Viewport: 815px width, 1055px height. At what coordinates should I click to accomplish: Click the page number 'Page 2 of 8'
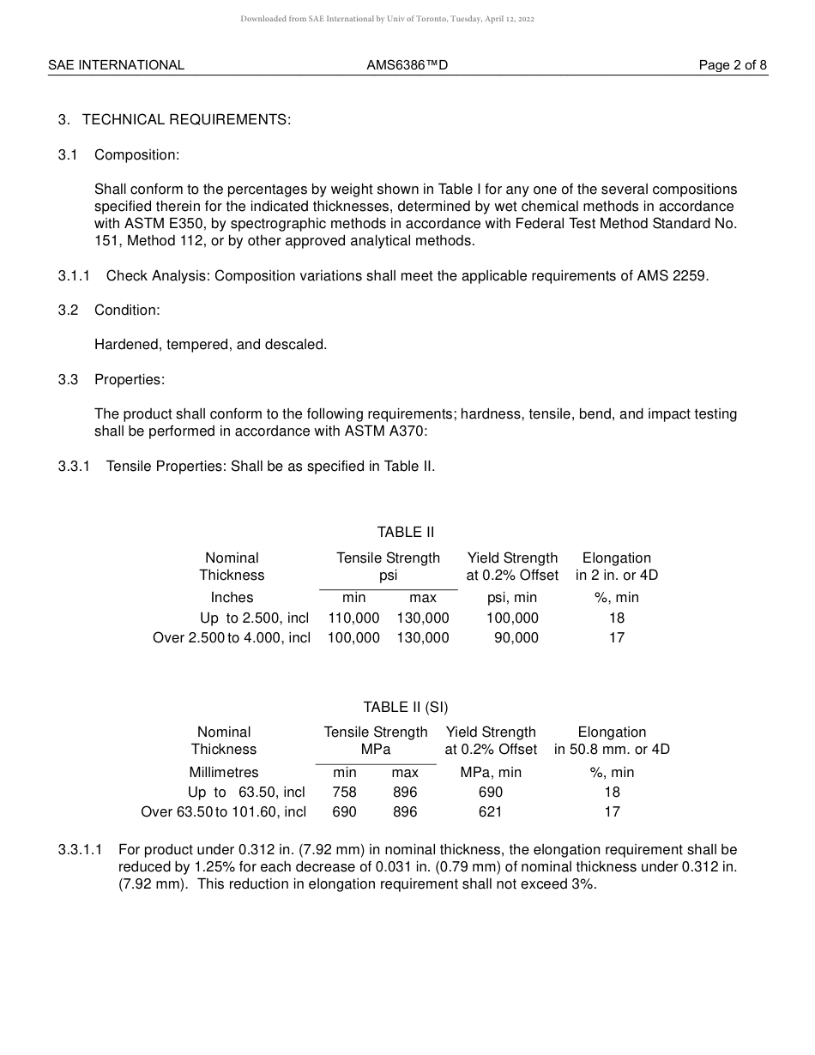click(x=733, y=65)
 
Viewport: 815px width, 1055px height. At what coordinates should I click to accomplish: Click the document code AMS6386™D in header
click(x=407, y=65)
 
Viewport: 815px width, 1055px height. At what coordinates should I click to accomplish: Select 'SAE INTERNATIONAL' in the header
click(x=116, y=65)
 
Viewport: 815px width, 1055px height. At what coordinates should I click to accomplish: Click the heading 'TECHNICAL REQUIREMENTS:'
click(x=186, y=120)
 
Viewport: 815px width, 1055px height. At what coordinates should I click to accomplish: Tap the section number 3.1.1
click(x=74, y=275)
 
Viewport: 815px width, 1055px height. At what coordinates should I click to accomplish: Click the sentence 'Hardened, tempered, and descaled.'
click(x=210, y=344)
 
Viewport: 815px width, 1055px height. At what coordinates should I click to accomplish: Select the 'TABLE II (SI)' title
click(x=405, y=707)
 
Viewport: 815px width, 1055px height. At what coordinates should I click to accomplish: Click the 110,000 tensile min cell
click(x=353, y=618)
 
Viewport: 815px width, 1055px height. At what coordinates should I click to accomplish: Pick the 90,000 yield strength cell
click(x=516, y=637)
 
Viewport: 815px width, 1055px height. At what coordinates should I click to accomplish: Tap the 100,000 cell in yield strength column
click(x=512, y=618)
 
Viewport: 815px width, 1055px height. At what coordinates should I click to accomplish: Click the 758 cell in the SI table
click(x=344, y=792)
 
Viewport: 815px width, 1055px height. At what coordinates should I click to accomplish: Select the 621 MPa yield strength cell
click(x=490, y=811)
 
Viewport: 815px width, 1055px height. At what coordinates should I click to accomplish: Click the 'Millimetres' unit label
click(x=223, y=772)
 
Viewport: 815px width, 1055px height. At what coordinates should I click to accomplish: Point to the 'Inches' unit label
click(x=232, y=597)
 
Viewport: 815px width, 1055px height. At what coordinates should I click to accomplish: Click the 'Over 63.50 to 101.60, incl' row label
click(x=223, y=811)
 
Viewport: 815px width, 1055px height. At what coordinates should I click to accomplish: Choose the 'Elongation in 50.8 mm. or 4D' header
click(x=612, y=740)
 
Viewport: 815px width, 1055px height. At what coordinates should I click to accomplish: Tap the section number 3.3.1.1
click(x=80, y=850)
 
